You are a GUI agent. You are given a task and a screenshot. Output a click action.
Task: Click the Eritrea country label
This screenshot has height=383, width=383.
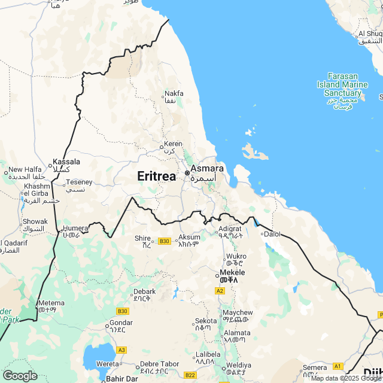(157, 176)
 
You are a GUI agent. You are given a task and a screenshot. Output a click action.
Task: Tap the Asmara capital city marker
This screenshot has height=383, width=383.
(187, 173)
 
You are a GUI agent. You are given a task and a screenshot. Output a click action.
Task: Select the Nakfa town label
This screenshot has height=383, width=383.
(174, 93)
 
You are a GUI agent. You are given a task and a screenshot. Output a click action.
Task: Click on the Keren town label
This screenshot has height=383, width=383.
(174, 144)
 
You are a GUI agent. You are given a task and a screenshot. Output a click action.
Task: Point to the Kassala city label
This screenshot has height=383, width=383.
(66, 162)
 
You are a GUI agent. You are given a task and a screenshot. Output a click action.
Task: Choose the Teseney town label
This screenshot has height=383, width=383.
(79, 182)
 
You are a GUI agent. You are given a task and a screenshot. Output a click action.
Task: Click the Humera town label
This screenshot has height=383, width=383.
(75, 228)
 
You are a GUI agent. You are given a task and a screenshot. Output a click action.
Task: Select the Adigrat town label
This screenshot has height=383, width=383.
(230, 229)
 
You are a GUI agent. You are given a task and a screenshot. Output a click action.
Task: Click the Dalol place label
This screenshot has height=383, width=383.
(272, 234)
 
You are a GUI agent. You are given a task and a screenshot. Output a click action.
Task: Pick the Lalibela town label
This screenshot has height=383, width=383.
(208, 354)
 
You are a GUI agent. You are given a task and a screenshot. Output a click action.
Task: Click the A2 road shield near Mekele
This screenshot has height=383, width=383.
(220, 290)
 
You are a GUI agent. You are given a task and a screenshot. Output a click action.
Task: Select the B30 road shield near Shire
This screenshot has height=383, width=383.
(165, 241)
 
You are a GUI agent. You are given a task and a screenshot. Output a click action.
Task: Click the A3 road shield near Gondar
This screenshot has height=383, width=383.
(122, 349)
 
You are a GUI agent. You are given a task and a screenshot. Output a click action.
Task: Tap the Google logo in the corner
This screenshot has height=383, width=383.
(19, 375)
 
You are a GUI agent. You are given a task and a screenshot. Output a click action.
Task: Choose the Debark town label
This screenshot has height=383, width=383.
(144, 291)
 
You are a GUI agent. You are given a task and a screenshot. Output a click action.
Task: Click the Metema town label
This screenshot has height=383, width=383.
(50, 303)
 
